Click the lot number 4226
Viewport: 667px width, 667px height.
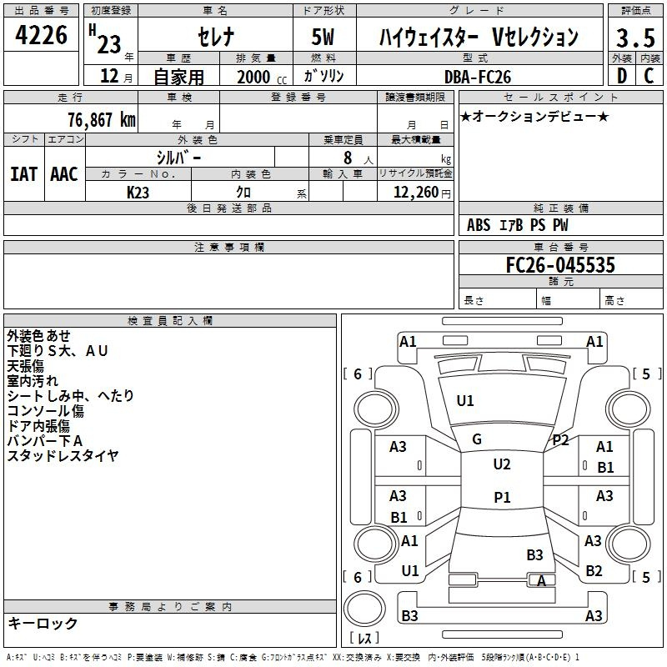[x=42, y=36]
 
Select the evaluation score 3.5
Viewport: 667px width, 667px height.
[x=634, y=38]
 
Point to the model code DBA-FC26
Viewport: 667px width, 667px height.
[x=479, y=77]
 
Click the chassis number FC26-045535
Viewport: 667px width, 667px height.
[x=560, y=265]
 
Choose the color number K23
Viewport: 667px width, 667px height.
[x=138, y=192]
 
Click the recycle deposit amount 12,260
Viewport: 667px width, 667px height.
[x=413, y=193]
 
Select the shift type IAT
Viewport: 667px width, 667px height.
[x=23, y=173]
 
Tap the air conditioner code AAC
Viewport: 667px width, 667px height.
[x=63, y=173]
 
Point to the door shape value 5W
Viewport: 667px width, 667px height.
[x=326, y=38]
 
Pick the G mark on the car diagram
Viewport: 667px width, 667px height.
[x=477, y=439]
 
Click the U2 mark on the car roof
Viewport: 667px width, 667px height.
[x=501, y=464]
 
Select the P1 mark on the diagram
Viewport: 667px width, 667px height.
[x=501, y=498]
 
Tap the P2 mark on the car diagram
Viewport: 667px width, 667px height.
[x=560, y=440]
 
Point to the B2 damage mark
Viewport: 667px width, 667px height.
[x=594, y=570]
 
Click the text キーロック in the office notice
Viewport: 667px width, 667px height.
[x=43, y=623]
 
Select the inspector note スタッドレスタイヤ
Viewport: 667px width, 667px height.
[x=63, y=455]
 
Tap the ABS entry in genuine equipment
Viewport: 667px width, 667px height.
[x=479, y=225]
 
